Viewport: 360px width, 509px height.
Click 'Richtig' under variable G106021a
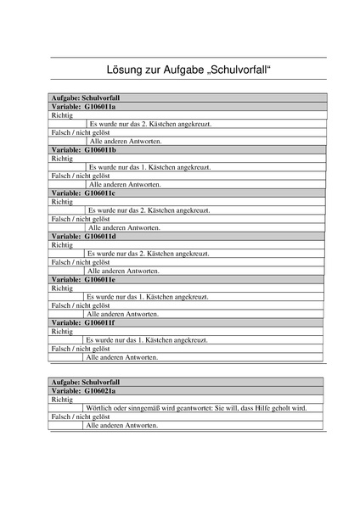coord(63,399)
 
